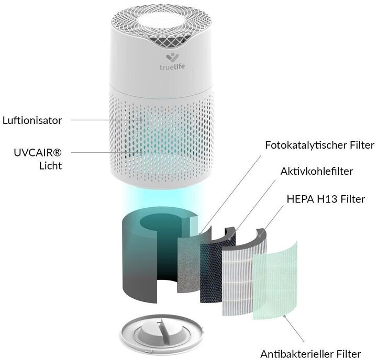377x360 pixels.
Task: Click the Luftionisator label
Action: [32, 120]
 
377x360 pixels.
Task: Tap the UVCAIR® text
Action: [38, 153]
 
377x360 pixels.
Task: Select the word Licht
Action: [50, 166]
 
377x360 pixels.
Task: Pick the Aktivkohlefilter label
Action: [317, 171]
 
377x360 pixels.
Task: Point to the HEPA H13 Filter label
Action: [326, 199]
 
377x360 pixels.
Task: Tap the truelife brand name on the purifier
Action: [172, 66]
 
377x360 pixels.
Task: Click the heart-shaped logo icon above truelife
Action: [172, 58]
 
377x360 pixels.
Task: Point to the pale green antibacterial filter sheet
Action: [275, 280]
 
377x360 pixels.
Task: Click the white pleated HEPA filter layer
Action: [243, 276]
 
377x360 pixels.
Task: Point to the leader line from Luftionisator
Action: [106, 120]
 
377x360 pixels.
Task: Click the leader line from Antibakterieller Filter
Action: [294, 329]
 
